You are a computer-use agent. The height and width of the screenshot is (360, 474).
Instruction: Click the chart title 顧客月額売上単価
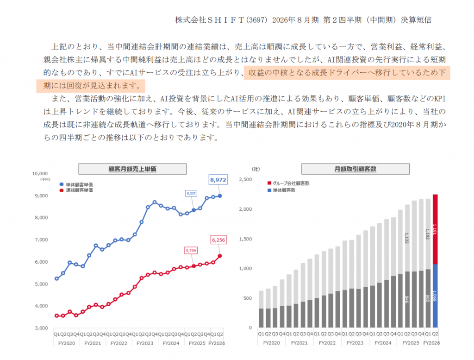coord(132,169)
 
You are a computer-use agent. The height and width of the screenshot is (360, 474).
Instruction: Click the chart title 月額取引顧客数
coord(355,169)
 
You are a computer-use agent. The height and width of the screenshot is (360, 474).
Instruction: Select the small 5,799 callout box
coord(190,250)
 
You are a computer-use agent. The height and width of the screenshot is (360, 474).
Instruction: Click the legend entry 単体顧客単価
coord(78,184)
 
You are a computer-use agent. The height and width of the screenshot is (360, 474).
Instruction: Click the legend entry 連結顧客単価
coord(78,190)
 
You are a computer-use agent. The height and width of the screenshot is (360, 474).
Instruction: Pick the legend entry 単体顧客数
coord(284,190)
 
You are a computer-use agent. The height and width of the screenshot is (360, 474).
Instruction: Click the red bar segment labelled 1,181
coord(435,229)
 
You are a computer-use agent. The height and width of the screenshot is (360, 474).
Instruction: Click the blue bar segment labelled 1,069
coord(435,296)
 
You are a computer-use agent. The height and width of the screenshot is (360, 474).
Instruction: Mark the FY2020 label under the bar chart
coord(271,343)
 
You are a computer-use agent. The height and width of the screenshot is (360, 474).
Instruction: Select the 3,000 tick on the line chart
coord(42,328)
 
